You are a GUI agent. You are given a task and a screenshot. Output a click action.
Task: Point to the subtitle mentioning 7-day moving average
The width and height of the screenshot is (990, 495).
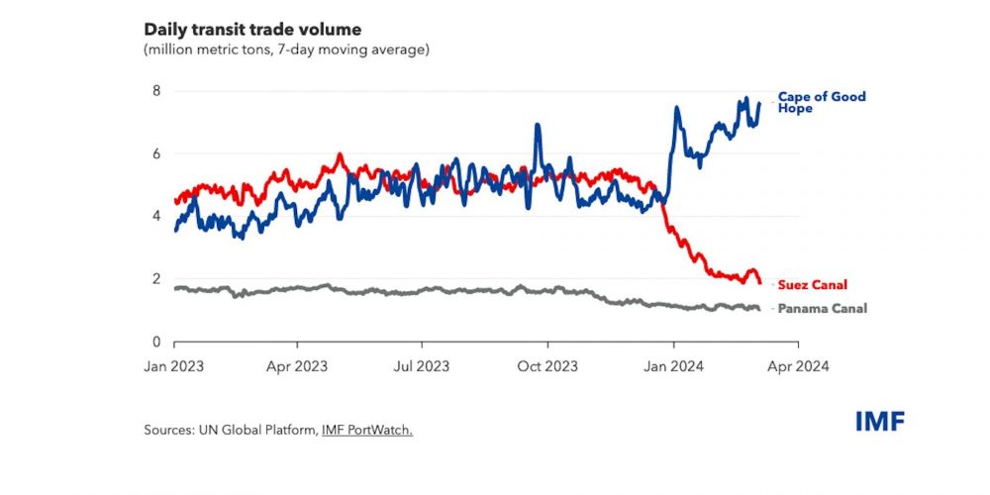[x=287, y=49]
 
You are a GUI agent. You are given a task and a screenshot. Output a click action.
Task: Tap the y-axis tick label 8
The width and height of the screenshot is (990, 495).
[x=154, y=91]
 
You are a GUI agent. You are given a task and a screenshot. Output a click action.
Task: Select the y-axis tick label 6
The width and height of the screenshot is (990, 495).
[x=154, y=153]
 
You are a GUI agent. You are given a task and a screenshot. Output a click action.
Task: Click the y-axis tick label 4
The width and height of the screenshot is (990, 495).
[x=154, y=216]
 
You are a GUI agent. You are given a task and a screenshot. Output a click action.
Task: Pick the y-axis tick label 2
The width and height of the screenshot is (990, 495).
[x=154, y=278]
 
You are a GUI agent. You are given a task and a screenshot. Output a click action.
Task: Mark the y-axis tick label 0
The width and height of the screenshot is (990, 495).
[x=154, y=342]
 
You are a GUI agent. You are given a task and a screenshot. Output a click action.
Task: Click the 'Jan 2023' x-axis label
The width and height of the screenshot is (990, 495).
[x=174, y=365]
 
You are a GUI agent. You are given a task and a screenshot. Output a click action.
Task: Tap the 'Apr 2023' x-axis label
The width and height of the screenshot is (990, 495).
[x=299, y=365]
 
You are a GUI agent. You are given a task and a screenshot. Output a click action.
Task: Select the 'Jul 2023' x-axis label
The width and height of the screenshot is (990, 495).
[x=422, y=365]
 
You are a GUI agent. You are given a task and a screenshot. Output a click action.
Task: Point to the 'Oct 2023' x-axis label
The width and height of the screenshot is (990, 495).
[x=547, y=365]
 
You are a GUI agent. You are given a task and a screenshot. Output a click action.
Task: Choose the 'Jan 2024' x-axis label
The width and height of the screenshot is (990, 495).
[x=673, y=365]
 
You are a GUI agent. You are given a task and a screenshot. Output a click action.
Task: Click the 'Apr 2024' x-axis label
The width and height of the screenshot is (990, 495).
[x=798, y=365]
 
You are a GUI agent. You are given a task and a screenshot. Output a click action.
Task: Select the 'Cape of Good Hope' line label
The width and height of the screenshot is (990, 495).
[x=821, y=102]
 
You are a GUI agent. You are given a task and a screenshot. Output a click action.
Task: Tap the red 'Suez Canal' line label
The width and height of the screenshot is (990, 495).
[x=812, y=284]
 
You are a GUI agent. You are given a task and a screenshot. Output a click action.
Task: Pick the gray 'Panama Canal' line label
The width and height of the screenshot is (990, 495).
[x=822, y=309]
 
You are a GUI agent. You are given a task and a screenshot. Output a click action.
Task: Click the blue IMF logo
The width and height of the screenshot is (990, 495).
[x=880, y=422]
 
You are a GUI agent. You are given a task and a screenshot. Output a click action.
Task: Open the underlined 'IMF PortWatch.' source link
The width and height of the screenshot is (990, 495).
[x=366, y=430]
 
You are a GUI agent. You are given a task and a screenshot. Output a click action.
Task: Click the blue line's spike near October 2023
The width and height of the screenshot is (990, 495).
[x=537, y=126]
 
